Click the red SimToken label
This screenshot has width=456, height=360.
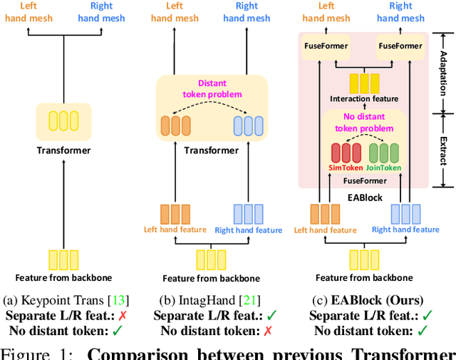(x=346, y=168)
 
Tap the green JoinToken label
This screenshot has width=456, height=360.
(x=384, y=168)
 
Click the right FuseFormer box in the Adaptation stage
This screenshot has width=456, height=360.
(x=400, y=46)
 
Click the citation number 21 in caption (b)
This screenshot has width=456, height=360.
(x=252, y=300)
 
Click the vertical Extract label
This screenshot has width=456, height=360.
(x=441, y=145)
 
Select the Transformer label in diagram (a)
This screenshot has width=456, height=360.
(x=64, y=150)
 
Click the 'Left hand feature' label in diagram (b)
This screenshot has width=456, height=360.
(x=175, y=230)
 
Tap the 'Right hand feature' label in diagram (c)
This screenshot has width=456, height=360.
(x=405, y=230)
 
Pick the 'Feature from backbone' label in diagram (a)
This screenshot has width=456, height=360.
(x=64, y=277)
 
